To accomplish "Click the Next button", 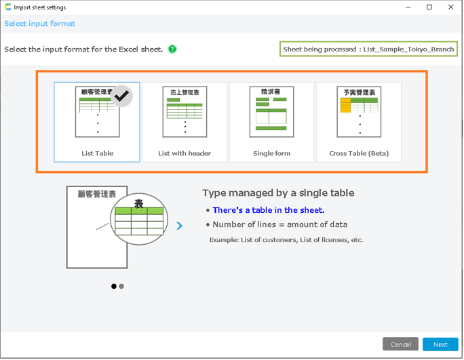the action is click(441, 345).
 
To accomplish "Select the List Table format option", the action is click(97, 123).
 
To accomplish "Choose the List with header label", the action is click(185, 153).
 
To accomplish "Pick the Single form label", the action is click(271, 153).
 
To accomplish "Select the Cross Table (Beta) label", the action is click(359, 153).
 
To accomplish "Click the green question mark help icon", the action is click(172, 49).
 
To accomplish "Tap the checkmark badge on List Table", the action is click(121, 96).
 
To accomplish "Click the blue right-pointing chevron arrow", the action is click(179, 226).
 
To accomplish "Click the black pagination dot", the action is click(114, 287).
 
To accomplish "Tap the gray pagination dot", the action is click(121, 287).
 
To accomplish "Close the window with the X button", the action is click(451, 7).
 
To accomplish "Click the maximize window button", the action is click(429, 7).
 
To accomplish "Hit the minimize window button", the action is click(408, 7).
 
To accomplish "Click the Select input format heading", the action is click(39, 24).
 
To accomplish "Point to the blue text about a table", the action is click(269, 210).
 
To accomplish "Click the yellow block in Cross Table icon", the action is click(346, 106).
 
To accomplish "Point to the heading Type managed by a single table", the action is click(278, 193).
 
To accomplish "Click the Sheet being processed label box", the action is click(369, 49).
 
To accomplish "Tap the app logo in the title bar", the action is click(8, 7).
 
